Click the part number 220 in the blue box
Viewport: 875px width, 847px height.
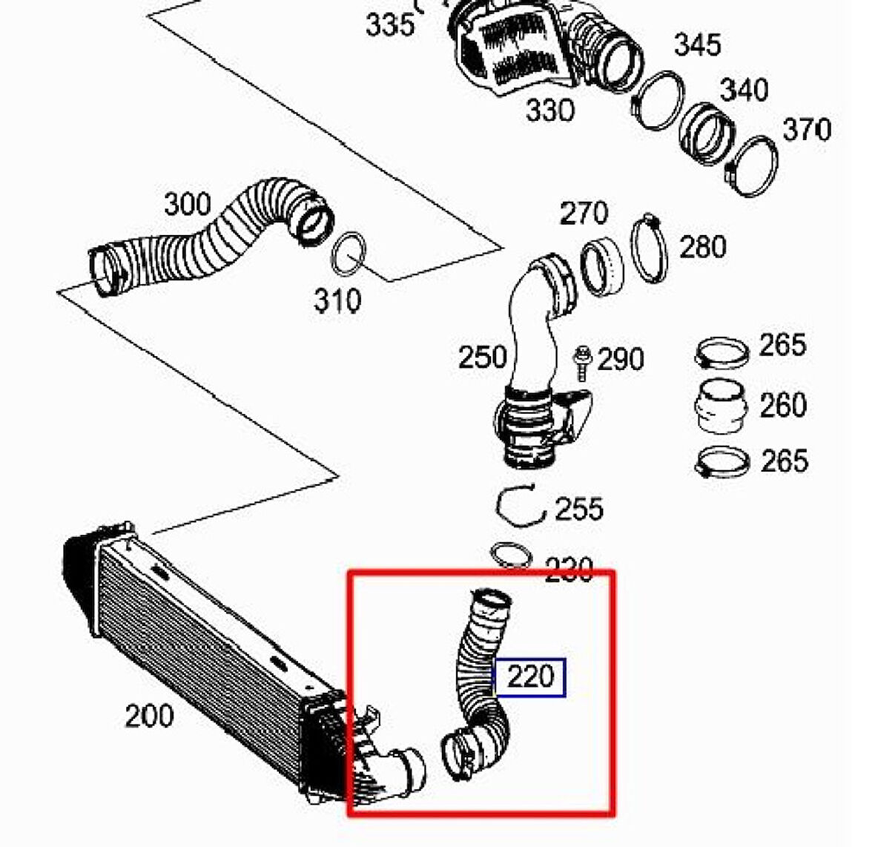point(530,677)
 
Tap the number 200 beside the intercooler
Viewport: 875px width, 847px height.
point(149,716)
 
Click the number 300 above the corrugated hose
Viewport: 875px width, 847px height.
point(187,203)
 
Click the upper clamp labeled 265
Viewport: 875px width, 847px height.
point(721,351)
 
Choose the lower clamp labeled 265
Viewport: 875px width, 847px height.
point(721,463)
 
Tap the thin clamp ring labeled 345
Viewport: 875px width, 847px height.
point(659,101)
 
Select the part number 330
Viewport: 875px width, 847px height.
point(550,111)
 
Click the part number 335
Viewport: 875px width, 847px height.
point(390,24)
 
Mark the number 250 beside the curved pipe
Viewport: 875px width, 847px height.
point(482,357)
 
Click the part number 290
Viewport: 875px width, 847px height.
point(621,360)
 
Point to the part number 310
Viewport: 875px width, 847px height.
point(337,300)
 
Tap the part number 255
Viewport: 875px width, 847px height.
point(579,509)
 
